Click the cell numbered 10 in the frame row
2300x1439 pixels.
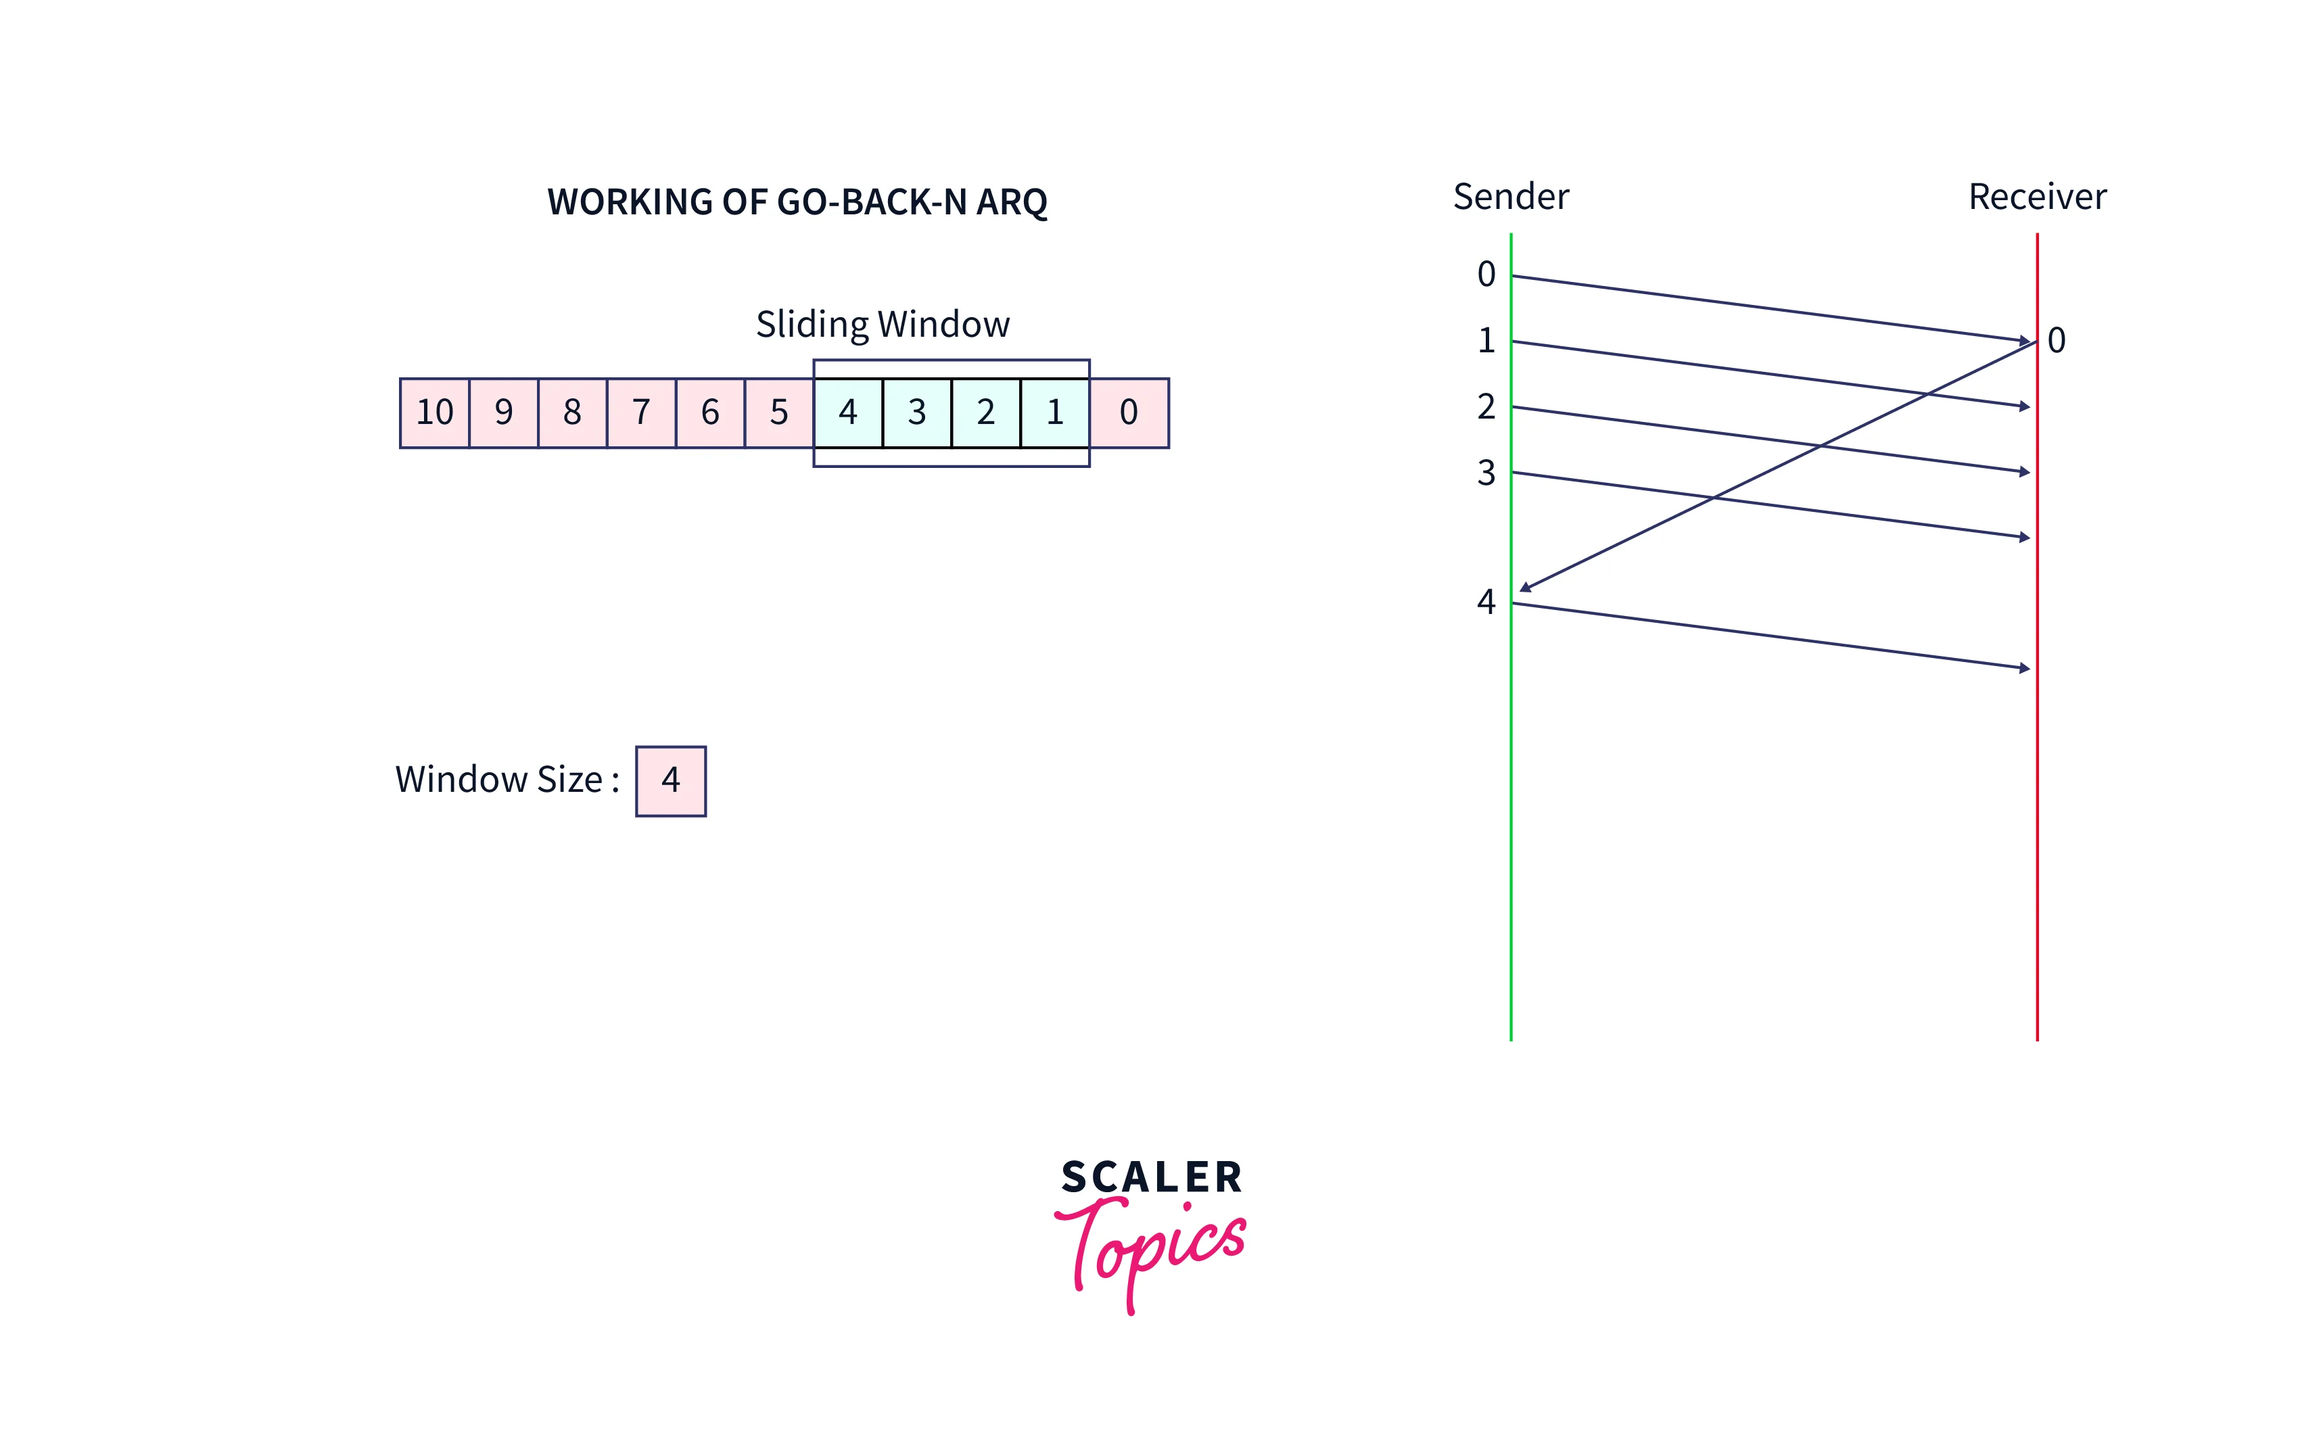click(x=435, y=412)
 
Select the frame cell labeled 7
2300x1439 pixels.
click(x=641, y=412)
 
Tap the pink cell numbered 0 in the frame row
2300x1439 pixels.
click(x=1129, y=412)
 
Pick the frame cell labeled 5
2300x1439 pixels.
click(x=779, y=412)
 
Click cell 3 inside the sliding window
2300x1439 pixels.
click(x=916, y=412)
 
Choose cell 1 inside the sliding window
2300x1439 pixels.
click(x=1054, y=412)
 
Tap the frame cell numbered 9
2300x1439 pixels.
click(x=503, y=412)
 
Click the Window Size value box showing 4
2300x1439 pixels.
click(x=671, y=780)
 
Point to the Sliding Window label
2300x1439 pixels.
click(x=882, y=325)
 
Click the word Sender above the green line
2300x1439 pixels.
click(x=1510, y=197)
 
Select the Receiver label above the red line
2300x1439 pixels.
click(x=2036, y=197)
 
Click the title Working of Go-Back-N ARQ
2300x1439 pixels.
click(x=797, y=202)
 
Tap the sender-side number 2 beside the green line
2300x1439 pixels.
click(x=1486, y=407)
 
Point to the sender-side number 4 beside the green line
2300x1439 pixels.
click(x=1486, y=601)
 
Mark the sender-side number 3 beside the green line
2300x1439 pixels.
click(x=1486, y=473)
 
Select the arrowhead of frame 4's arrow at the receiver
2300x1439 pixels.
click(x=2024, y=668)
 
